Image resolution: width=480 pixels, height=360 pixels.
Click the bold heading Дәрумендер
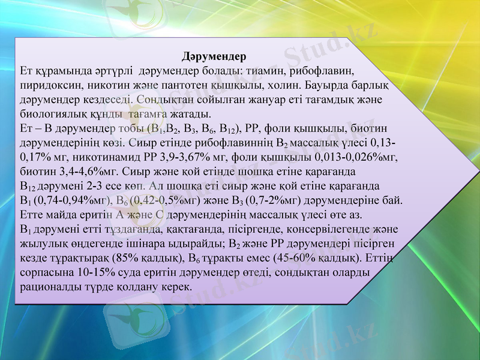214,58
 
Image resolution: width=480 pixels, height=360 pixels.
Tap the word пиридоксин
47,85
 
